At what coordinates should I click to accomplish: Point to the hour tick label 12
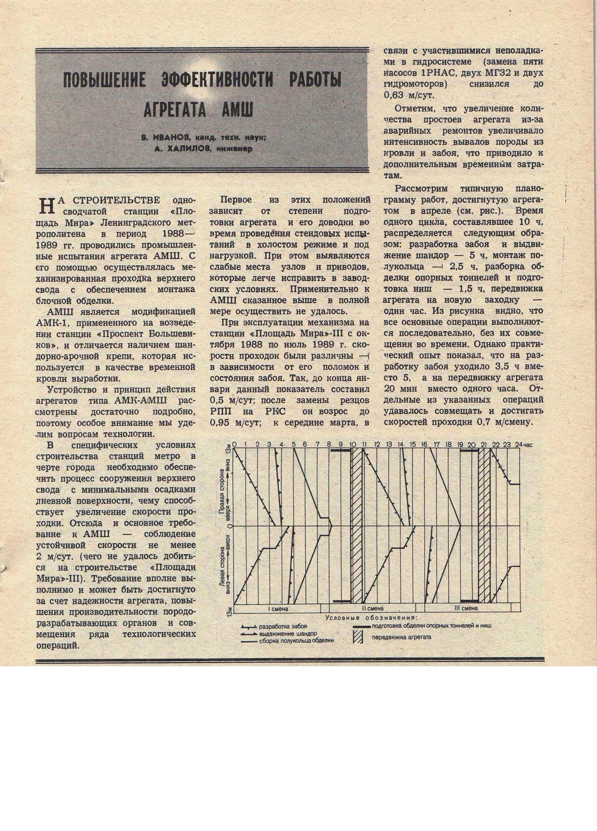[x=377, y=445]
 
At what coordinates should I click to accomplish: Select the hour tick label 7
[x=318, y=445]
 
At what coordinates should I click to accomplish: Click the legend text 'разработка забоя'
[x=283, y=627]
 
